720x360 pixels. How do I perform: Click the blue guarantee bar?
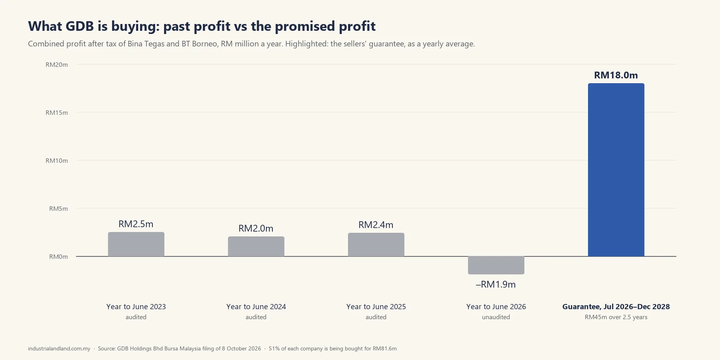coord(616,170)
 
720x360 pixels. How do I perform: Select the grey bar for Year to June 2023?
coord(136,244)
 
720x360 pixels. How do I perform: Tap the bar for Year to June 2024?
coord(256,246)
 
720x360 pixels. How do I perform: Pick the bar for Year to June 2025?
coord(376,244)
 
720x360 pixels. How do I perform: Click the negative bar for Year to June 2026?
coord(496,265)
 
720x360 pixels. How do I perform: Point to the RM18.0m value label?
coord(616,75)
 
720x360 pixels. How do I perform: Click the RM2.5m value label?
coord(136,224)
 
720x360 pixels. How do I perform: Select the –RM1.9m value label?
coord(496,284)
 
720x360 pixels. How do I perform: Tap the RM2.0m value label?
coord(256,228)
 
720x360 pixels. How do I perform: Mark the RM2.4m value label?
coord(376,225)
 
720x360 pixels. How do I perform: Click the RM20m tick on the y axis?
coord(57,65)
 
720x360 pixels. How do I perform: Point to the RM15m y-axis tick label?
coord(57,113)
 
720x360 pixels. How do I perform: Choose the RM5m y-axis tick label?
coord(58,209)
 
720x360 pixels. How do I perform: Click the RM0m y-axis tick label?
coord(58,257)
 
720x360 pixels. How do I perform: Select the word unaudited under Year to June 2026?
coord(496,317)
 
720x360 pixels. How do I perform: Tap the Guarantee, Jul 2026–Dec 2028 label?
coord(616,307)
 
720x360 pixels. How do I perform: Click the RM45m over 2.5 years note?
coord(616,317)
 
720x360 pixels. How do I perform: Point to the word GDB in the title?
coord(80,26)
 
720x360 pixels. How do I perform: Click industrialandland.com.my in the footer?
coord(59,348)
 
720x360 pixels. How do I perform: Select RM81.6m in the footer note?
coord(385,348)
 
